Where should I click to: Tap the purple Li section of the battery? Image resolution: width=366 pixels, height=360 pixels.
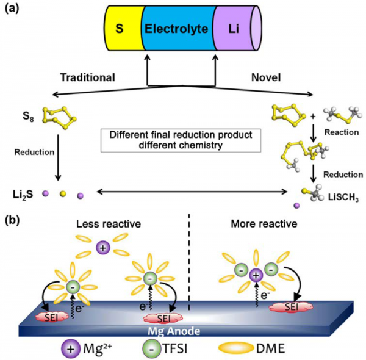pos(234,28)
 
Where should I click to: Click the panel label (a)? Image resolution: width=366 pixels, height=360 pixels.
pos(13,9)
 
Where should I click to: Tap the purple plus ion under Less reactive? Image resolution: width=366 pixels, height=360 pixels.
pos(103,248)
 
